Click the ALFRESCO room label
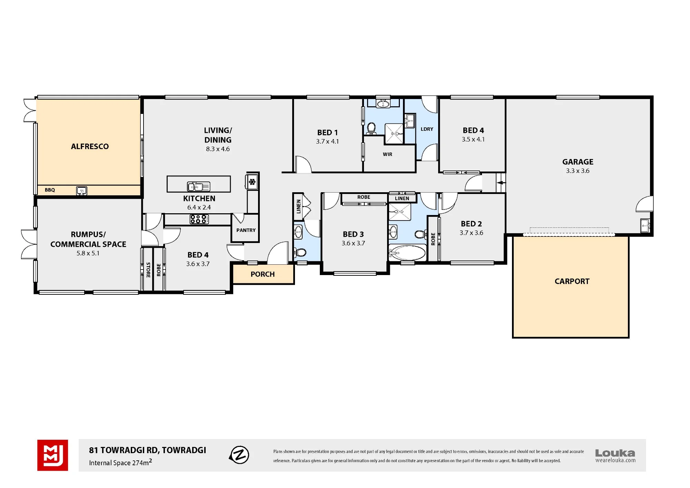(90, 146)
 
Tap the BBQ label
(50, 190)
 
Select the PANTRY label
(246, 230)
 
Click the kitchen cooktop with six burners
(199, 219)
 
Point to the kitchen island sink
(198, 187)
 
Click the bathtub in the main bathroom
(407, 253)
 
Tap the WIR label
(387, 154)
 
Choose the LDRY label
(427, 129)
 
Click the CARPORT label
(572, 281)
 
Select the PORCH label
(263, 274)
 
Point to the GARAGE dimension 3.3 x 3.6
(578, 171)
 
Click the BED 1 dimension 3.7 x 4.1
(327, 141)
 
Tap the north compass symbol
(239, 455)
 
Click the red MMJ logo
(52, 455)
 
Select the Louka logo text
(615, 453)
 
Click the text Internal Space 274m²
(120, 462)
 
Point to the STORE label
(148, 270)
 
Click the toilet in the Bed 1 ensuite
(371, 128)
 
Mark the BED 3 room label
(353, 234)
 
